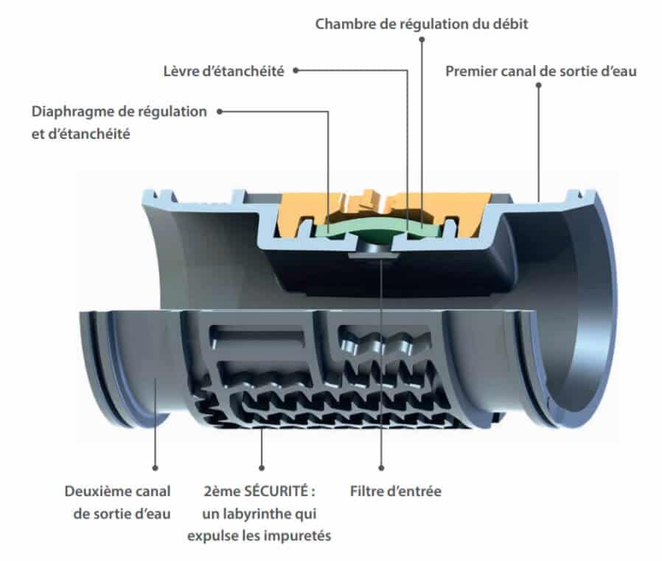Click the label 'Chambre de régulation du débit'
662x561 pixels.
pyautogui.click(x=422, y=24)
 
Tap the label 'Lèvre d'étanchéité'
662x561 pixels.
pyautogui.click(x=223, y=71)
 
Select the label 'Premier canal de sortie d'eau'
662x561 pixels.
pyautogui.click(x=541, y=71)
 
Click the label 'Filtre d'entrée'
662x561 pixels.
pyautogui.click(x=396, y=491)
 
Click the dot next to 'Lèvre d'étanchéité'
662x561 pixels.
pyautogui.click(x=296, y=71)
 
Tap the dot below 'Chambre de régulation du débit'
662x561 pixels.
pyautogui.click(x=422, y=39)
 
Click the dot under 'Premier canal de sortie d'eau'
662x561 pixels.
pyautogui.click(x=538, y=85)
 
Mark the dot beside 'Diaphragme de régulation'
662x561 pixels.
pyautogui.click(x=220, y=111)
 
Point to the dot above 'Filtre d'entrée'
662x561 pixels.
pyautogui.click(x=381, y=467)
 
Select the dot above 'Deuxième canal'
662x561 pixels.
pyautogui.click(x=155, y=467)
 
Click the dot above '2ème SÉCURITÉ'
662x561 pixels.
pyautogui.click(x=262, y=467)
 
